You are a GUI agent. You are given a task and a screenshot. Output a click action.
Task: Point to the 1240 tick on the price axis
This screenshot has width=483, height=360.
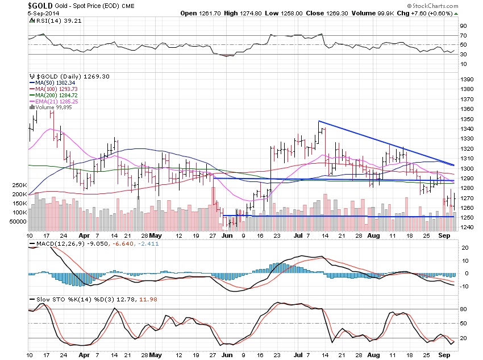click(467, 227)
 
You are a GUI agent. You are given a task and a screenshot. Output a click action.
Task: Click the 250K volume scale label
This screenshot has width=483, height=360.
click(19, 185)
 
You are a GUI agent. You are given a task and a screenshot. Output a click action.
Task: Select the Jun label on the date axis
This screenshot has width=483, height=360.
click(227, 234)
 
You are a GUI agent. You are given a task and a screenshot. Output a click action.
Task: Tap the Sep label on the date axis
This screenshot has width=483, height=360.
click(444, 234)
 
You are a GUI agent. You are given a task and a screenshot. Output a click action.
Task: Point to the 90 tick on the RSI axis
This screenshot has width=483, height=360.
click(464, 26)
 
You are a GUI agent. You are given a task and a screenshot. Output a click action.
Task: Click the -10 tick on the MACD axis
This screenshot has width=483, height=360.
click(465, 286)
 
